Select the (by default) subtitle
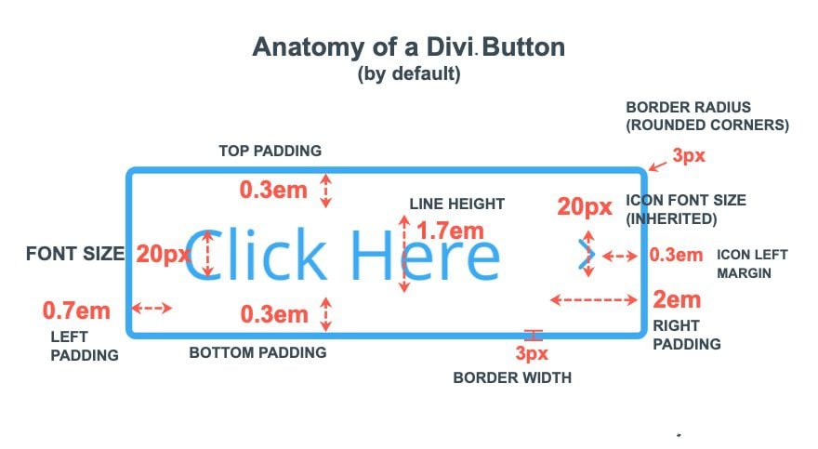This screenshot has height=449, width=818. (408, 75)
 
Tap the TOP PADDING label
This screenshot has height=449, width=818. (270, 151)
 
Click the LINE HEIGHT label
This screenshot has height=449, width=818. (456, 204)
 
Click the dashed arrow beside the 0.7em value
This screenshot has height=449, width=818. (153, 309)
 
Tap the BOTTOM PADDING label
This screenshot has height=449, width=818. (257, 353)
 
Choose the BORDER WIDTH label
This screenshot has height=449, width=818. (512, 378)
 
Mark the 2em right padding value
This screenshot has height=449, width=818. (676, 300)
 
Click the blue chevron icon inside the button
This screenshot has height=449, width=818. (586, 255)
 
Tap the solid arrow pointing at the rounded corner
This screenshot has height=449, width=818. (658, 165)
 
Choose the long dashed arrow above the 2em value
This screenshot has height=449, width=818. (593, 299)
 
